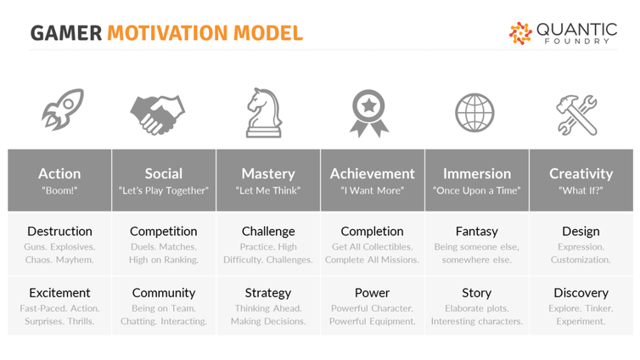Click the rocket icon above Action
(x=63, y=110)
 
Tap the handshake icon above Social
(x=158, y=115)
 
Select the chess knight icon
(x=264, y=113)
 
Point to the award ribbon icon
(x=369, y=114)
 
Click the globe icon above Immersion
(x=474, y=113)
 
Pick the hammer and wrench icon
(x=576, y=115)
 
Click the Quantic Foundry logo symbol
(x=520, y=33)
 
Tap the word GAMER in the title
(x=66, y=33)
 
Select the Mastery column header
(x=268, y=174)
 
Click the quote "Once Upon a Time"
(x=477, y=190)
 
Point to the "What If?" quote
(x=581, y=190)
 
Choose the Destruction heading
(x=59, y=232)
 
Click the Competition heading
(x=164, y=232)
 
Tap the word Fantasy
(x=477, y=232)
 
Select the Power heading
(x=373, y=293)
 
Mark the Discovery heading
(x=581, y=293)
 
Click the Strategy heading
(x=268, y=293)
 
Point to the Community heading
(x=164, y=293)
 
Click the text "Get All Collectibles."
(x=373, y=247)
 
